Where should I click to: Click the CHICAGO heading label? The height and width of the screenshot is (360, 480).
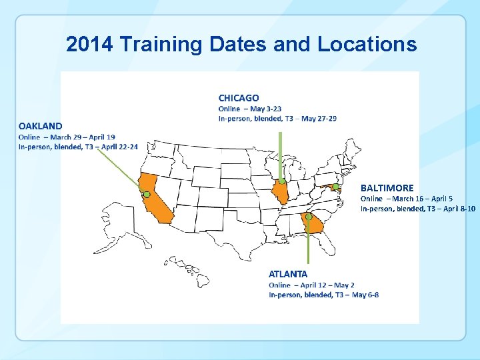click(239, 98)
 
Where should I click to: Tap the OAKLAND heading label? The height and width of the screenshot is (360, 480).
click(41, 125)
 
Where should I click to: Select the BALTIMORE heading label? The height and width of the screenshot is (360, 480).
click(387, 188)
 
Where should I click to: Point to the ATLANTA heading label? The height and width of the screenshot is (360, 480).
click(288, 274)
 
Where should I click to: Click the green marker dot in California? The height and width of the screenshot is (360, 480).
click(147, 194)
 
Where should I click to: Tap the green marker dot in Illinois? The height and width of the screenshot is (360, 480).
click(282, 181)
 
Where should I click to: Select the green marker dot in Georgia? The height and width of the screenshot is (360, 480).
click(309, 217)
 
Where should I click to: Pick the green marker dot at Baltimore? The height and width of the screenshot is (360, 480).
click(336, 187)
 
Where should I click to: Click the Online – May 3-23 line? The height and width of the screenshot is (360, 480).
click(250, 109)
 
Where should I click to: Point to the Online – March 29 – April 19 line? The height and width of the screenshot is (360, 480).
click(67, 137)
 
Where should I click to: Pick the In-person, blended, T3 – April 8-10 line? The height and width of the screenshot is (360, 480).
click(418, 209)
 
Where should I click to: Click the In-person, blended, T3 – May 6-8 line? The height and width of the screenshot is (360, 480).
click(324, 295)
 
